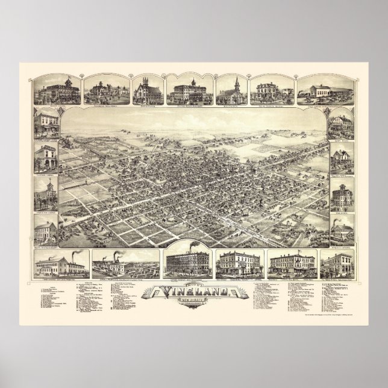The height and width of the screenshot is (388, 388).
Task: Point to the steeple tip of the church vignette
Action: [235, 77]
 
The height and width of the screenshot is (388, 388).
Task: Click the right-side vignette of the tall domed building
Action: [341, 196]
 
